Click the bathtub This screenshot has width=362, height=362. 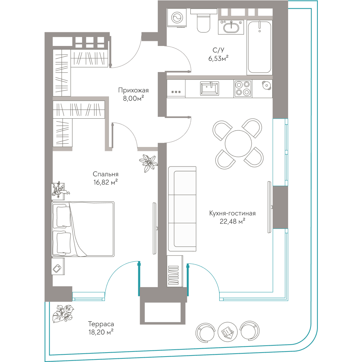(x=260, y=47)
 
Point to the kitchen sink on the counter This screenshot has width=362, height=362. (x=209, y=88)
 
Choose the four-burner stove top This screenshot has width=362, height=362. (x=243, y=89)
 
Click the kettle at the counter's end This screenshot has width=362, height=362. (x=266, y=85)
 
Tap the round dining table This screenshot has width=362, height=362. (x=238, y=143)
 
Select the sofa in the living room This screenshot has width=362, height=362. (x=182, y=209)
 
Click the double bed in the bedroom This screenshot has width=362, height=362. (x=83, y=229)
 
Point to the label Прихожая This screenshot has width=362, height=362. (x=133, y=90)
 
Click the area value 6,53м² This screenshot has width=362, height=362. (x=218, y=58)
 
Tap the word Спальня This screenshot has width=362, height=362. (x=105, y=174)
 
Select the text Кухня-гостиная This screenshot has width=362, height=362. (x=232, y=213)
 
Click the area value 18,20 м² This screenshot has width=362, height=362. (x=101, y=332)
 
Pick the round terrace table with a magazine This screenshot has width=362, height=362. (x=228, y=332)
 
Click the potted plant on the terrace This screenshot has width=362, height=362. (x=63, y=313)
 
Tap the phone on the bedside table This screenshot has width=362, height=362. (x=57, y=269)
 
